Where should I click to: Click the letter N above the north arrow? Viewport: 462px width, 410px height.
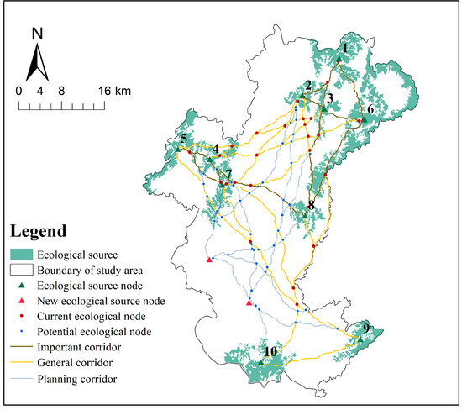(38, 34)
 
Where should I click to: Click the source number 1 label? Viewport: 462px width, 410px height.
(344, 48)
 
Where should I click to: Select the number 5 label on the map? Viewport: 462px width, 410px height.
(183, 139)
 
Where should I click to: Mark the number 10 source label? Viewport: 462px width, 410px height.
(270, 350)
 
